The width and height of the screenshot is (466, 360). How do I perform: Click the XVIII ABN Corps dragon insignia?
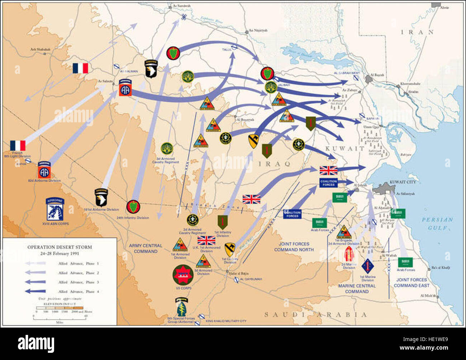[55, 209]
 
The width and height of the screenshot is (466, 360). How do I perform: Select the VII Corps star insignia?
[183, 275]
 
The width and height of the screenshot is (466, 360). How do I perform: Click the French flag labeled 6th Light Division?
[18, 146]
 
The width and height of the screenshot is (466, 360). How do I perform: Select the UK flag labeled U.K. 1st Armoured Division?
[206, 240]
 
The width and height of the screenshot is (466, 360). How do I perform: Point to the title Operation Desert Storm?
[60, 247]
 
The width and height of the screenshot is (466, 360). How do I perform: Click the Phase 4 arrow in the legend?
[35, 292]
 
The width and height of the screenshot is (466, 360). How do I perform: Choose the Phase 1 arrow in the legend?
[35, 264]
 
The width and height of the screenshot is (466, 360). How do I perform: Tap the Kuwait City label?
[403, 182]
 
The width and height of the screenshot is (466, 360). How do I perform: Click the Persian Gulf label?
[437, 223]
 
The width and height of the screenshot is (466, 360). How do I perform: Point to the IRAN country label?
[417, 32]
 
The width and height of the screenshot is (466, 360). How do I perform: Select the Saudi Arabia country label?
[315, 315]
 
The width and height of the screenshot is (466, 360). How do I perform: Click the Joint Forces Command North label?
[294, 247]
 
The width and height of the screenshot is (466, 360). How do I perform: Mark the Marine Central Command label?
[357, 289]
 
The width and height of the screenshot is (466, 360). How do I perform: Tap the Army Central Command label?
[146, 248]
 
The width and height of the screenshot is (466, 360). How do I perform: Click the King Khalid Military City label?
[226, 321]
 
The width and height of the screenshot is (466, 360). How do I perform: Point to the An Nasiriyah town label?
[258, 30]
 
